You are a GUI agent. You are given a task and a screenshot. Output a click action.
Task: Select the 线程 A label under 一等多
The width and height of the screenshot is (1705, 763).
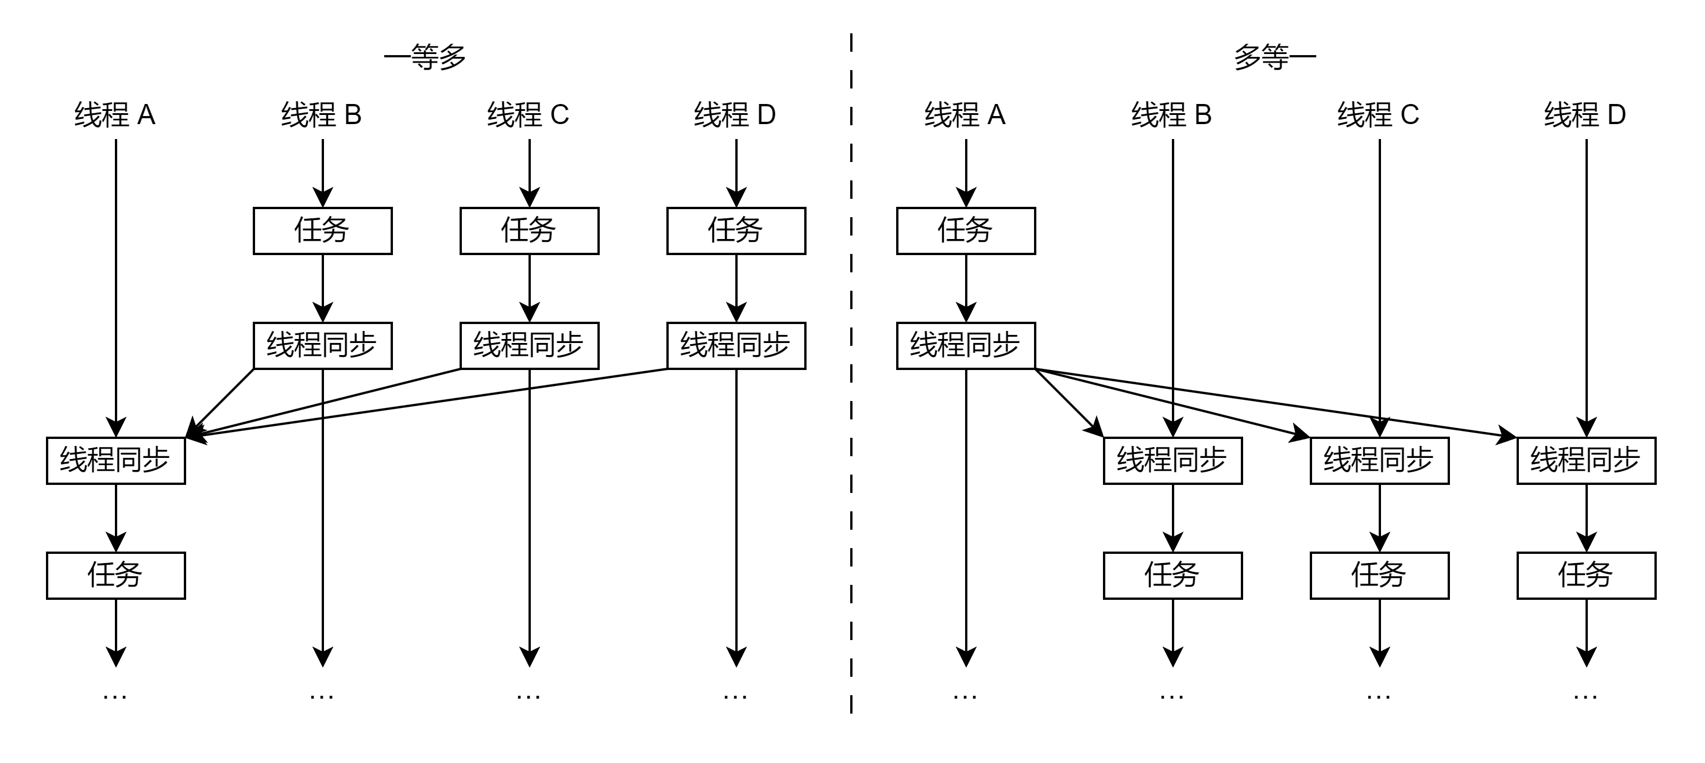[115, 115]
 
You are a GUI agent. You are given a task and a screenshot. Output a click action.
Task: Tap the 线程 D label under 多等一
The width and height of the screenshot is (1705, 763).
[1585, 115]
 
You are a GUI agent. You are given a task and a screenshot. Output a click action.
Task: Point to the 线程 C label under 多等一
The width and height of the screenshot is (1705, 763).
[1379, 115]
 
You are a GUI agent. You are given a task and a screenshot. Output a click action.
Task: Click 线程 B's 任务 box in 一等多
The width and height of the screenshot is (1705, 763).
[322, 231]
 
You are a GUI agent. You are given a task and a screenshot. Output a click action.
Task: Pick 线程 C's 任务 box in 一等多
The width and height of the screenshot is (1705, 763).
[530, 231]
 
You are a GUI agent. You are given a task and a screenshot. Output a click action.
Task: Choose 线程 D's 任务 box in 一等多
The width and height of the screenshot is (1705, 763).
[736, 231]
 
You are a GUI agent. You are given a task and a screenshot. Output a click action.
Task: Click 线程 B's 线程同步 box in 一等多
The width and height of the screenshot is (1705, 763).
[322, 345]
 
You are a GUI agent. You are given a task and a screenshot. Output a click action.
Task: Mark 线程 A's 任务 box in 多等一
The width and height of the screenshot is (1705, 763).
[966, 231]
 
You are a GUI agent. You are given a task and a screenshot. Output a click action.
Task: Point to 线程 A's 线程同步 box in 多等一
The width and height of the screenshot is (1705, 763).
[966, 345]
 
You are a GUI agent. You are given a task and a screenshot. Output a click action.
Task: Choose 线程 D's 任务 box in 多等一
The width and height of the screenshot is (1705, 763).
[1586, 575]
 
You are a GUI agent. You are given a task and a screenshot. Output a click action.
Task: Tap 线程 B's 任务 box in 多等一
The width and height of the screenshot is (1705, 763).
[1172, 575]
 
